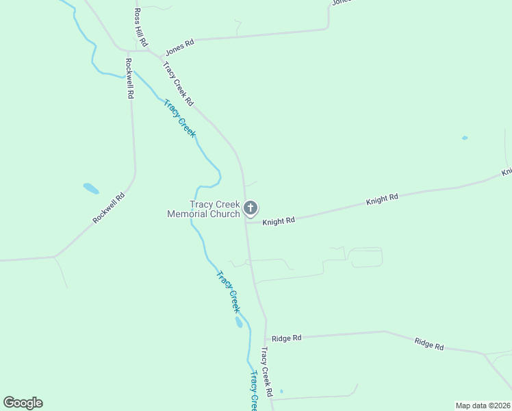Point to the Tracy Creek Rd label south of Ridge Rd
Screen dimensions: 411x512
[266, 373]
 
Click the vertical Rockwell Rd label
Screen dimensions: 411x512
[128, 78]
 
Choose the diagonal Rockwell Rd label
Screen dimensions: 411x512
[110, 208]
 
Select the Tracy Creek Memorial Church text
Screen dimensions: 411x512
[204, 208]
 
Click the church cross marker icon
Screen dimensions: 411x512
[251, 208]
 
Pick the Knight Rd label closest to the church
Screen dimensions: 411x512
[278, 221]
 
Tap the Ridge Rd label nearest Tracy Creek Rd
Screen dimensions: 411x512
[286, 338]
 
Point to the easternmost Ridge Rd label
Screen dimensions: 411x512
[429, 344]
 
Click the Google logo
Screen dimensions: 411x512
[23, 403]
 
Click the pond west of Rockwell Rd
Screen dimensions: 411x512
[90, 188]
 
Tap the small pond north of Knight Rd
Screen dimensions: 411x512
[465, 138]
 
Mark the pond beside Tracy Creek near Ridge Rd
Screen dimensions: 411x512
[238, 322]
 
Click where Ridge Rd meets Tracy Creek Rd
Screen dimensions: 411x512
[266, 338]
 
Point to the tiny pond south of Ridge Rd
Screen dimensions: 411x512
[281, 392]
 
